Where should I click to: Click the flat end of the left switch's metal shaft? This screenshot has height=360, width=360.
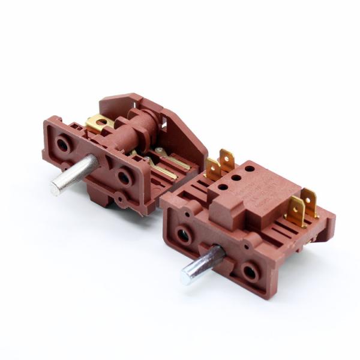(x=56, y=189)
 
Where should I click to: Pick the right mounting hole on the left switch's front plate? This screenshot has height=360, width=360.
(x=124, y=177)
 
